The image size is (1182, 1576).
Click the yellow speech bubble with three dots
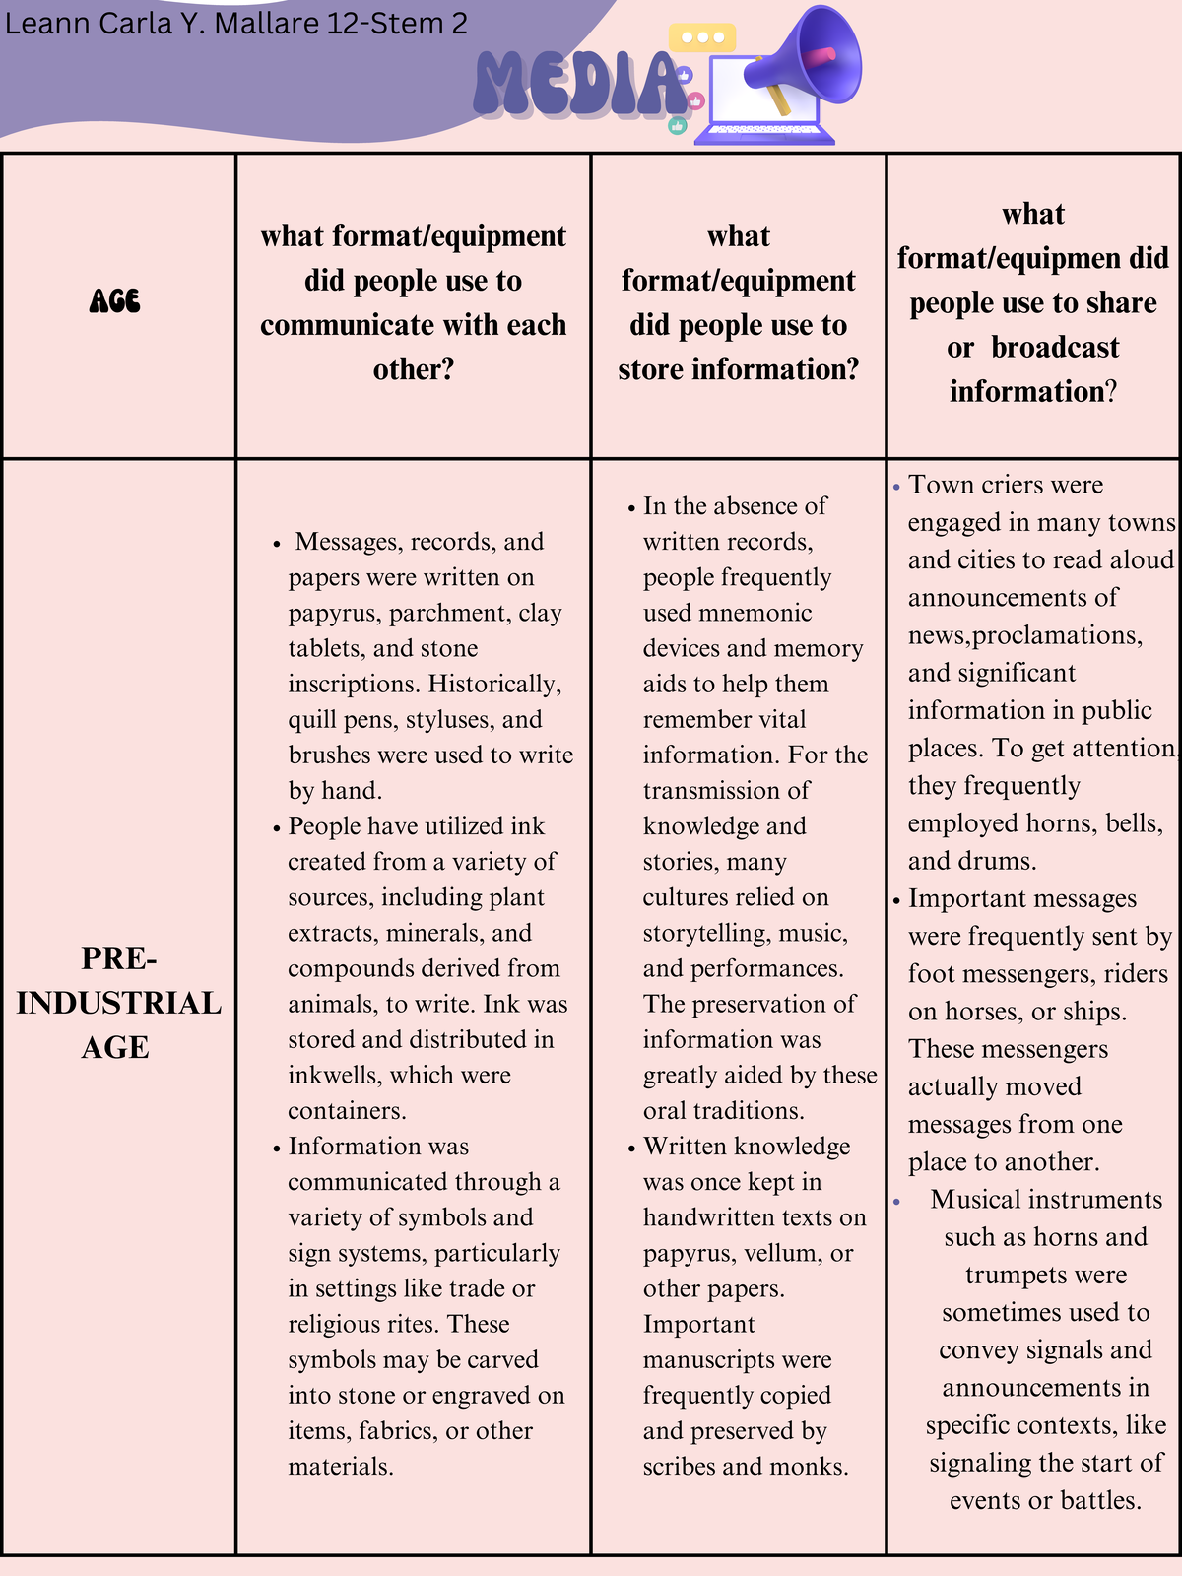pyautogui.click(x=702, y=37)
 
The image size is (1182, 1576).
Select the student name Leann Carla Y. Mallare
pyautogui.click(x=163, y=24)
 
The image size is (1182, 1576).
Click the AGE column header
pyautogui.click(x=115, y=301)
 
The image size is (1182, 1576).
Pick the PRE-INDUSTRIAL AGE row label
pyautogui.click(x=118, y=1003)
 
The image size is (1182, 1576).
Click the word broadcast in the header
pyautogui.click(x=1055, y=348)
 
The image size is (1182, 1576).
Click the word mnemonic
pyautogui.click(x=755, y=613)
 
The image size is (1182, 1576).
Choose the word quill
pyautogui.click(x=312, y=719)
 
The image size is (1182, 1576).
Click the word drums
pyautogui.click(x=1000, y=861)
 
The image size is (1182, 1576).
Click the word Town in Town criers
pyautogui.click(x=937, y=485)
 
